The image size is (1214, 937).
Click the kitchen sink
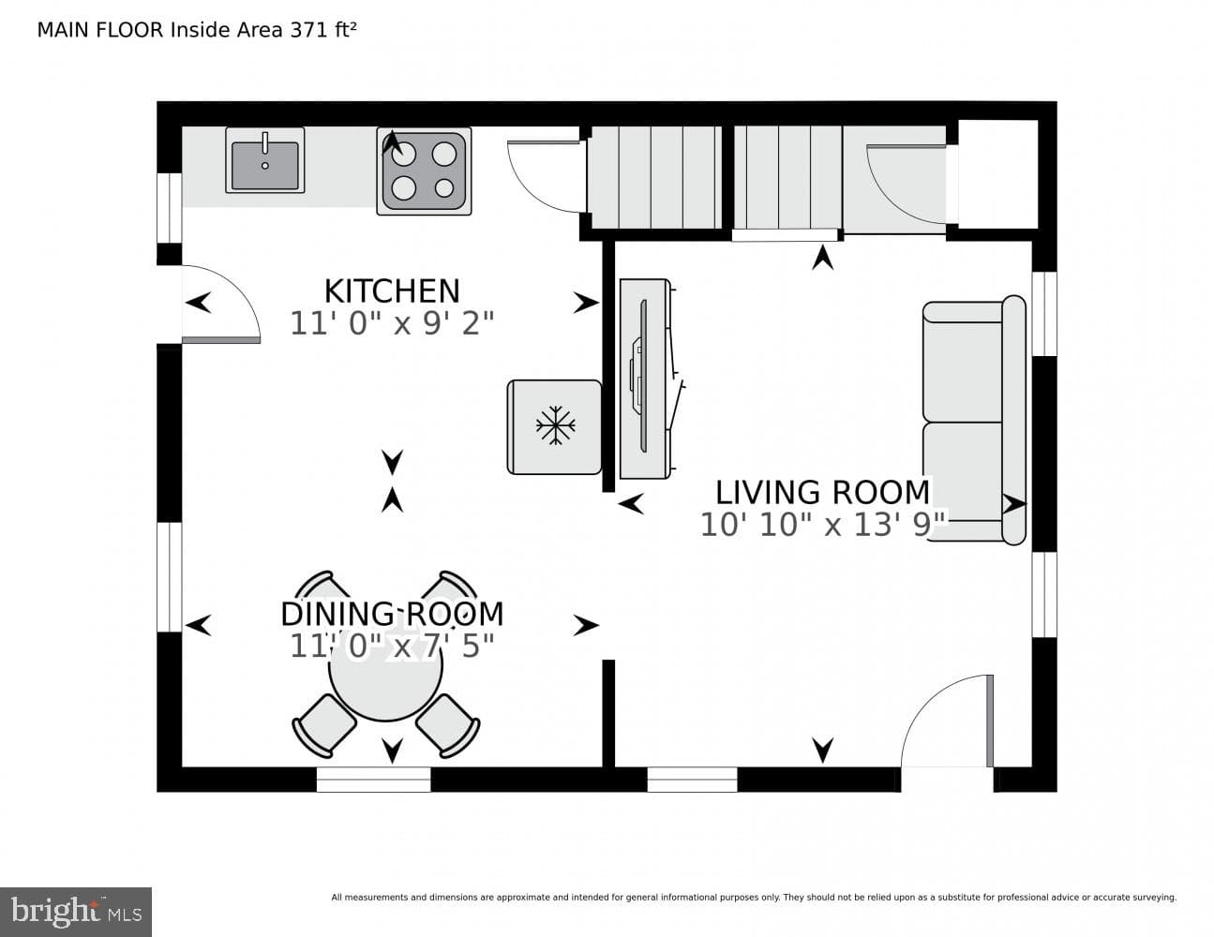[264, 160]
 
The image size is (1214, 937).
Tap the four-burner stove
[424, 171]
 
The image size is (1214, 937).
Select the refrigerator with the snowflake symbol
[554, 427]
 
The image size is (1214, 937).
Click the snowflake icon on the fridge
[555, 425]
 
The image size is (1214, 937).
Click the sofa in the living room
[974, 420]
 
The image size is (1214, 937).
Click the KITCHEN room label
[392, 290]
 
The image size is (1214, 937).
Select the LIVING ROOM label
[822, 492]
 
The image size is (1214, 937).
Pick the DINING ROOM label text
[392, 614]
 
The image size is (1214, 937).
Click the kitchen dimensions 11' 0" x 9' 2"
[392, 323]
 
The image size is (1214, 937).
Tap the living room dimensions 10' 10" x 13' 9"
[822, 525]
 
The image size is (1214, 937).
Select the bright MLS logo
[76, 912]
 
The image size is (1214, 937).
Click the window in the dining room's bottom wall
[374, 779]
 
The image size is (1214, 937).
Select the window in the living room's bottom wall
[692, 779]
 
